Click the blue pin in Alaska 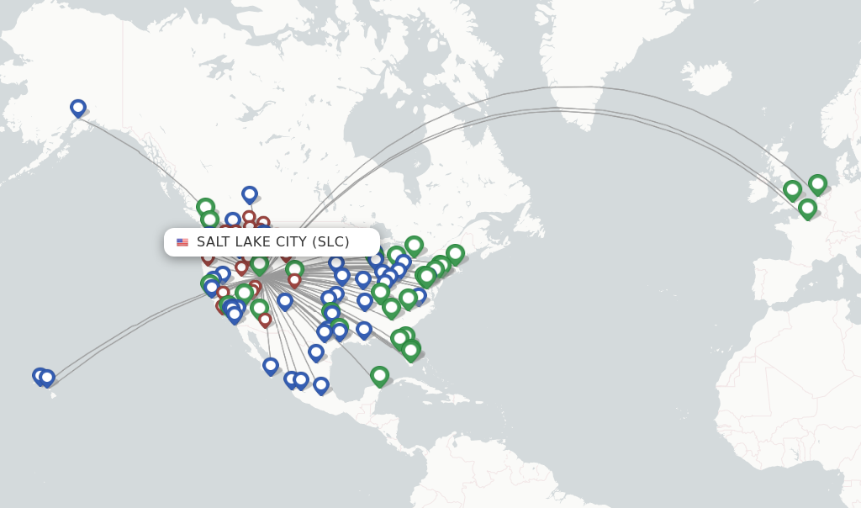click(78, 108)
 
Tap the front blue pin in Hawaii click(47, 378)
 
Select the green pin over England click(792, 190)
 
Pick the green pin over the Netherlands click(817, 183)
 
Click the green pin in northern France click(807, 207)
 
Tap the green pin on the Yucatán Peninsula click(379, 375)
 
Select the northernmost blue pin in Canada click(250, 194)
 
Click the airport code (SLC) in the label click(330, 242)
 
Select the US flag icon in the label click(182, 242)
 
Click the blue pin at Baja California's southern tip click(271, 365)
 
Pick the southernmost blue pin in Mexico click(321, 385)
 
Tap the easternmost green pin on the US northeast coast click(455, 252)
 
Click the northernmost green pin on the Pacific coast click(205, 207)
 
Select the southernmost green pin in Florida click(410, 350)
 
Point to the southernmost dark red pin click(265, 320)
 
